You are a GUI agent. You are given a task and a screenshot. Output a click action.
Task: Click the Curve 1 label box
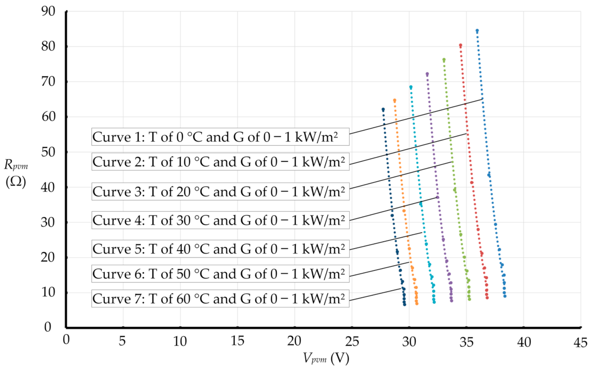[220, 137]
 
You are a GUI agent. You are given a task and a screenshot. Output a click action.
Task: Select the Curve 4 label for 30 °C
[220, 220]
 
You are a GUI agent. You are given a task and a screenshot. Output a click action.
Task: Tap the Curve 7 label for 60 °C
[220, 299]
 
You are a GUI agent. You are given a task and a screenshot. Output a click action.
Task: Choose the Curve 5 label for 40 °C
[220, 248]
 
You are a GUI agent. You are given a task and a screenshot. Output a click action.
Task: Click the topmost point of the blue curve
[477, 31]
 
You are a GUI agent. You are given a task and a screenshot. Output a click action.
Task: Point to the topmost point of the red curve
[460, 45]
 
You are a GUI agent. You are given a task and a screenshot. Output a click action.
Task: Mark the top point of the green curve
[444, 60]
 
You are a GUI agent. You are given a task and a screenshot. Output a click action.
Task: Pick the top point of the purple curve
[427, 74]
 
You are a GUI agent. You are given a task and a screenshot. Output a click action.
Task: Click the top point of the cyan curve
[411, 87]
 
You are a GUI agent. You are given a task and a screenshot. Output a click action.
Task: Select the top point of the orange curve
[394, 100]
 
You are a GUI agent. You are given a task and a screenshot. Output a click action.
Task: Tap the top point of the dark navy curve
[383, 110]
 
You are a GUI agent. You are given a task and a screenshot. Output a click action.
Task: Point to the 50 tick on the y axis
[48, 152]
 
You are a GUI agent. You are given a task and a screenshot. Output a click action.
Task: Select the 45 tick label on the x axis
[580, 342]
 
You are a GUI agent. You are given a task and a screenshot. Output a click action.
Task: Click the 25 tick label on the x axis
[352, 341]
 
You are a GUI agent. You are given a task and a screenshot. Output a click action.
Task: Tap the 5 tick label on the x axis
[122, 341]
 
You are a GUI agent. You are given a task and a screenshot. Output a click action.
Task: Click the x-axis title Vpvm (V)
[326, 358]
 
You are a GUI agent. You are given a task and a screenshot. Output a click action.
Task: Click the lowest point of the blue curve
[505, 296]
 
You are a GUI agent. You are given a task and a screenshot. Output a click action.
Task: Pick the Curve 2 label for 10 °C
[220, 161]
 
